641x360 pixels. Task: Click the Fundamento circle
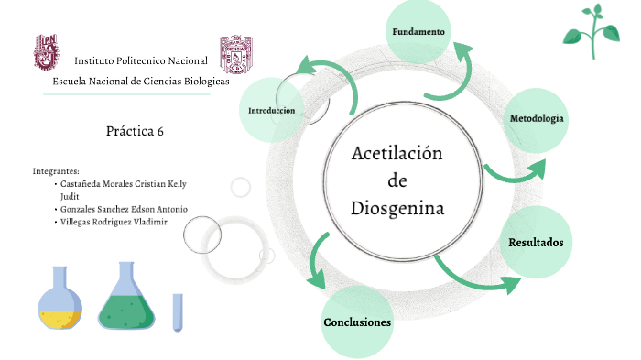(418, 33)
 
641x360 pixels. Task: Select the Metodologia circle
(537, 120)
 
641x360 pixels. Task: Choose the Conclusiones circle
(357, 322)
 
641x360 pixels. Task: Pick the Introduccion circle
(272, 110)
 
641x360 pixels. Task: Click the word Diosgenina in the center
(397, 208)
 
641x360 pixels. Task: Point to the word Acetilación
(397, 153)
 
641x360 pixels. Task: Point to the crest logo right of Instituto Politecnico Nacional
(236, 57)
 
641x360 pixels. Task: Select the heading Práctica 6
(135, 131)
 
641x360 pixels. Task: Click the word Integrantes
(56, 170)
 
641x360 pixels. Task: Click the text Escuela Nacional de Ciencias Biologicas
(141, 81)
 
